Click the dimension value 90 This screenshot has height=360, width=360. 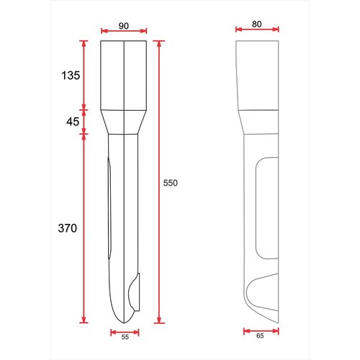click(124, 25)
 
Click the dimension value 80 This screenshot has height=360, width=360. click(257, 24)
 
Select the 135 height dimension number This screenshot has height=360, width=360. click(70, 75)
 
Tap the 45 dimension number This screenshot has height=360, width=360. click(73, 122)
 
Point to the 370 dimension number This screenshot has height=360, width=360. click(67, 228)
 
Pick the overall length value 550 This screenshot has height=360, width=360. click(170, 184)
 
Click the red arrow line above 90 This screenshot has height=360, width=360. click(124, 31)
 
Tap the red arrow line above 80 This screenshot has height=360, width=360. click(257, 30)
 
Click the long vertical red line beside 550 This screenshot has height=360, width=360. click(159, 180)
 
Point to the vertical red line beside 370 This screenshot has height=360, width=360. click(84, 228)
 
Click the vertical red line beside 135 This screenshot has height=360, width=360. click(84, 75)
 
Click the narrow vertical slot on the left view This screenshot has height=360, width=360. click(110, 209)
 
